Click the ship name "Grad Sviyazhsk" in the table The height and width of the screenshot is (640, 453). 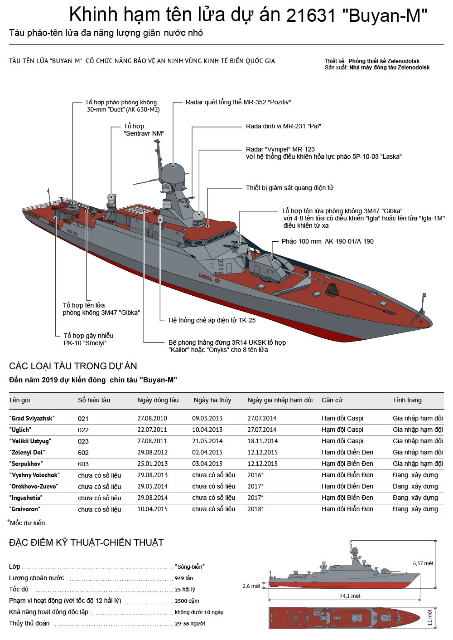pos(31,418)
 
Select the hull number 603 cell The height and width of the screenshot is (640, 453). pos(83,464)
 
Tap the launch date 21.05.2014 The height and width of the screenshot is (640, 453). pos(207,441)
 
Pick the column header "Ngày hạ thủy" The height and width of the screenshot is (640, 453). pos(212,400)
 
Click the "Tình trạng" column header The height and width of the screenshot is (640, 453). pos(407,400)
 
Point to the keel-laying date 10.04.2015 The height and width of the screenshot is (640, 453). pos(152,509)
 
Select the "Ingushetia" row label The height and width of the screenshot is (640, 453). pos(26,498)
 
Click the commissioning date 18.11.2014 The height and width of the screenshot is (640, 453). pos(261,441)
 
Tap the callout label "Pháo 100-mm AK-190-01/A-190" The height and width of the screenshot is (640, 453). pos(328,241)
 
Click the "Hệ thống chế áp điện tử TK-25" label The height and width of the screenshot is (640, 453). pos(212,320)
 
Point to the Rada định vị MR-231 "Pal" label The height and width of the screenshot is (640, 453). pos(283,126)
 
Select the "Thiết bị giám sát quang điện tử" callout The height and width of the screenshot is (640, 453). pos(289,188)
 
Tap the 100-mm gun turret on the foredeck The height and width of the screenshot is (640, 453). pos(270,267)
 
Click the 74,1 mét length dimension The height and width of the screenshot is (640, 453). pos(350,596)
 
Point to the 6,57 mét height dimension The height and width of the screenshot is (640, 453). pos(423,563)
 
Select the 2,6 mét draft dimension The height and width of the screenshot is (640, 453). pos(251,586)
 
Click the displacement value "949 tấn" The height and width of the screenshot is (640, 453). pos(184,578)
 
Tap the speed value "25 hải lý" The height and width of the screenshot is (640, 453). pos(185,590)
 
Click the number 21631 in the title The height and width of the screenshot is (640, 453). pos(312,16)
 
